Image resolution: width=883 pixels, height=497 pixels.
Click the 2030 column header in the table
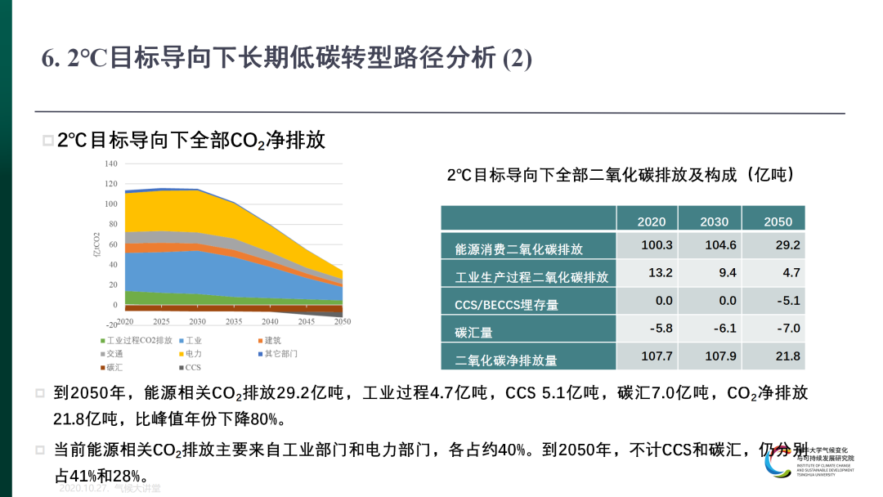714,222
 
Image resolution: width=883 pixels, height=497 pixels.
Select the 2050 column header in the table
778,222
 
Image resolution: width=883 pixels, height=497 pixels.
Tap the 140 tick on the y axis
111,163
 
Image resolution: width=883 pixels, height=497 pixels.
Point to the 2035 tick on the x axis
234,321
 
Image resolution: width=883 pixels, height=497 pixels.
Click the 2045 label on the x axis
306,321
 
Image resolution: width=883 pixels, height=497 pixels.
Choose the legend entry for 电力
193,354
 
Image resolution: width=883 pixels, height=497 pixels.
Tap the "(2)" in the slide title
517,59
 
